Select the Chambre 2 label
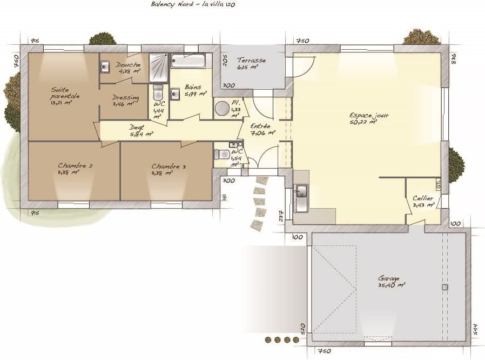coord(75,169)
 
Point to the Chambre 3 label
coord(169,169)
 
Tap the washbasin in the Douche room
coord(105,67)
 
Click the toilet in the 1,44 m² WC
coord(158,91)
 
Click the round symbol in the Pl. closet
coord(222,109)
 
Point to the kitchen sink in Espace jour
coord(301,192)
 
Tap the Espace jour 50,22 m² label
coord(369,118)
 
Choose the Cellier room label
coord(423,202)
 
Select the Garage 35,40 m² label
coord(392,281)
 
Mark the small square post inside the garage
coord(444,286)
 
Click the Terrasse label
coord(252,64)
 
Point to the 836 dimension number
coord(454,58)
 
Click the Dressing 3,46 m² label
coord(125,100)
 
